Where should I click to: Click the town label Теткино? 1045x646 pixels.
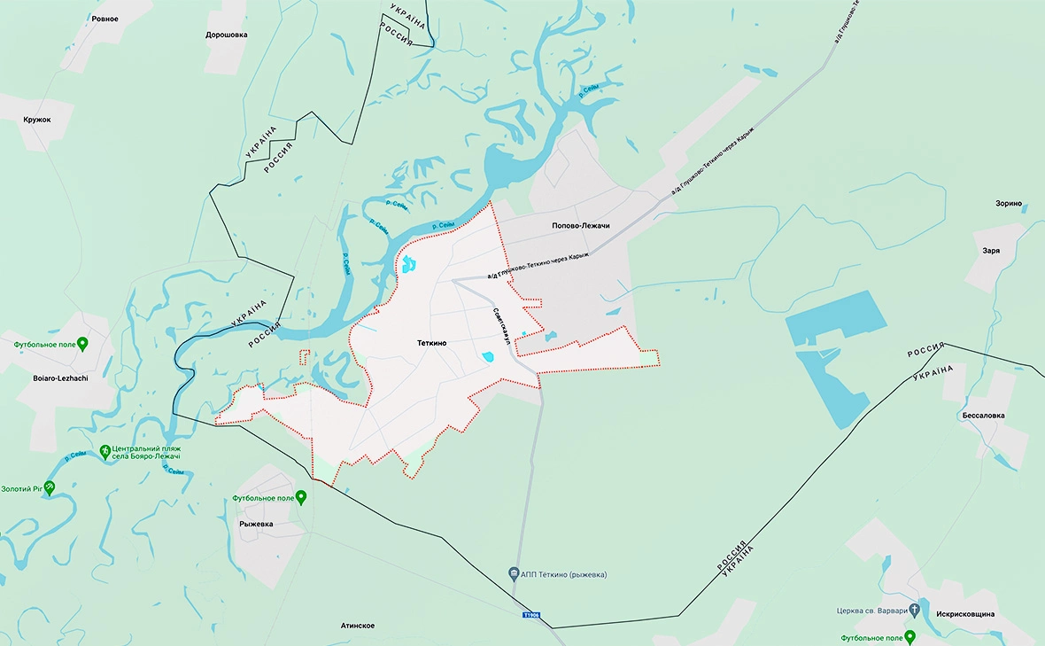click(x=432, y=342)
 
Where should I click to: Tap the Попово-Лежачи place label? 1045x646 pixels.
click(x=580, y=226)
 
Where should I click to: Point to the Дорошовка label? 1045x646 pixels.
click(x=226, y=35)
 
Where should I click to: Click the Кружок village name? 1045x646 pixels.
click(x=37, y=120)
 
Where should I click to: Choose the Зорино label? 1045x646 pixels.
click(x=1008, y=204)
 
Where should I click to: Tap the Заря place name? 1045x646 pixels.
click(x=991, y=251)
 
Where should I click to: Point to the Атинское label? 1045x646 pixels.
click(x=357, y=626)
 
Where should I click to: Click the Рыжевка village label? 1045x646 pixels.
click(x=256, y=524)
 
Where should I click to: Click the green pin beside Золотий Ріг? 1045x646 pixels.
click(x=50, y=487)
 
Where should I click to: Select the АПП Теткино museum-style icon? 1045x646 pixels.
click(x=514, y=574)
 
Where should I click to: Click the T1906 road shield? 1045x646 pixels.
click(x=530, y=615)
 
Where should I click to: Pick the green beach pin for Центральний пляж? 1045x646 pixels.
click(x=105, y=452)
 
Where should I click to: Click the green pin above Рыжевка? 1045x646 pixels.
click(x=301, y=497)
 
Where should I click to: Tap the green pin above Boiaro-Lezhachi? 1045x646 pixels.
click(x=82, y=343)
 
